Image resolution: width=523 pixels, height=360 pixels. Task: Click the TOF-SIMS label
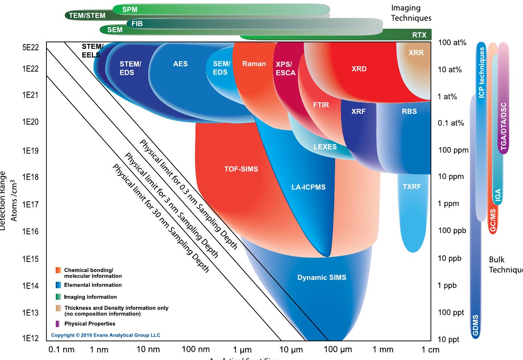pyautogui.click(x=241, y=169)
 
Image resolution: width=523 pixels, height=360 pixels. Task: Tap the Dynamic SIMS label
pyautogui.click(x=322, y=278)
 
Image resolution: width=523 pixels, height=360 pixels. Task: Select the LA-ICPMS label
pyautogui.click(x=308, y=187)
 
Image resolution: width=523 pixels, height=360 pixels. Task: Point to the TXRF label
pyautogui.click(x=412, y=186)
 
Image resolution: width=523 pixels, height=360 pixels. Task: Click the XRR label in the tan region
pyautogui.click(x=416, y=53)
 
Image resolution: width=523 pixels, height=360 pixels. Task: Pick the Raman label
pyautogui.click(x=254, y=64)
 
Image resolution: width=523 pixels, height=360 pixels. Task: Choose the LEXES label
pyautogui.click(x=325, y=147)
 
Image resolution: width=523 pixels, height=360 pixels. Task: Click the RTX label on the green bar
pyautogui.click(x=419, y=35)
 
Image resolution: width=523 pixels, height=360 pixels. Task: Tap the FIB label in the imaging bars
pyautogui.click(x=137, y=24)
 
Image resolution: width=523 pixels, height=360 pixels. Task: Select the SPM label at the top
pyautogui.click(x=130, y=9)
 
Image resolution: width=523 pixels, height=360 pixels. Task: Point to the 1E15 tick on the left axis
pyautogui.click(x=30, y=259)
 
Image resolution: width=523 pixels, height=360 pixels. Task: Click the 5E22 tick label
pyautogui.click(x=30, y=48)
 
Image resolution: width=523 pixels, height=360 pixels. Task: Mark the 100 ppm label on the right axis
pyautogui.click(x=453, y=150)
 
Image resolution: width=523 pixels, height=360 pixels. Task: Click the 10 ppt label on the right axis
pyautogui.click(x=448, y=339)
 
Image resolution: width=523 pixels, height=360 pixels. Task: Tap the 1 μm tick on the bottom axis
pyautogui.click(x=242, y=350)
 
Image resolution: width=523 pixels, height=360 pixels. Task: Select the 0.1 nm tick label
pyautogui.click(x=61, y=350)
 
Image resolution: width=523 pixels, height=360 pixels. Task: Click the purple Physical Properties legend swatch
pyautogui.click(x=58, y=324)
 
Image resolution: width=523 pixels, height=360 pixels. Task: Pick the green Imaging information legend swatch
pyautogui.click(x=58, y=297)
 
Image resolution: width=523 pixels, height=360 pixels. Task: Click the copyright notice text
pyautogui.click(x=106, y=335)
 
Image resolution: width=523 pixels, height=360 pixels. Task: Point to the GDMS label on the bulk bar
pyautogui.click(x=475, y=325)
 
